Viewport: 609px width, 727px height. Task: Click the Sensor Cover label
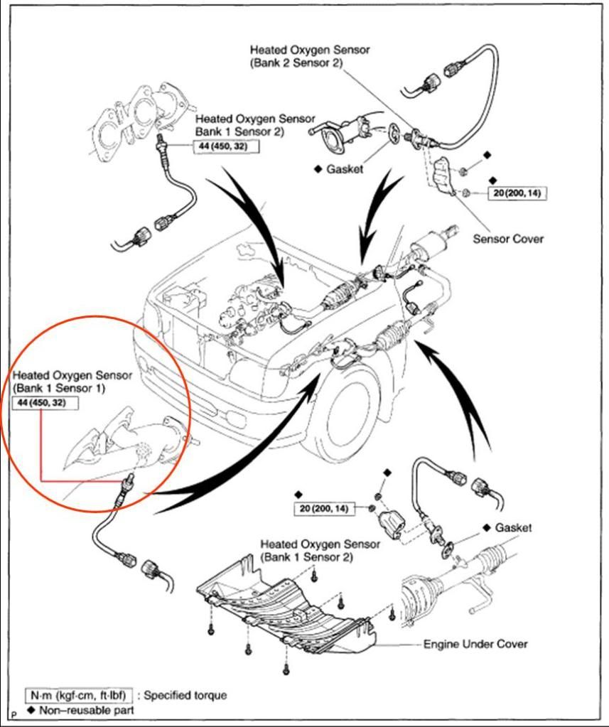click(508, 239)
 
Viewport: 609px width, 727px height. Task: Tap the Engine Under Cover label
click(475, 644)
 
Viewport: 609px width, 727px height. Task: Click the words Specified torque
click(185, 694)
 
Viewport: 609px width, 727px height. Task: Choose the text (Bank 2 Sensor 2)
click(296, 63)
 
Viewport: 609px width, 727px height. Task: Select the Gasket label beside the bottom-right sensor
click(513, 528)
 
